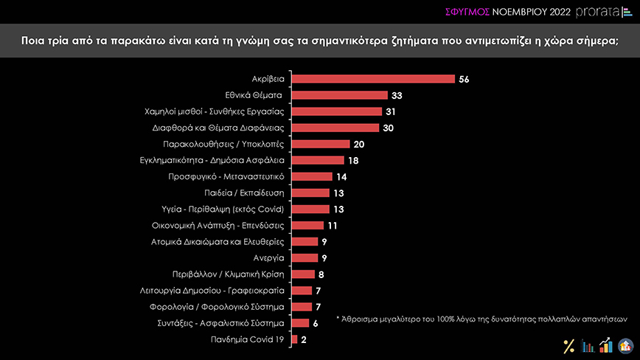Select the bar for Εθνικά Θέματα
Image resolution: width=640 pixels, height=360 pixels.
click(x=339, y=95)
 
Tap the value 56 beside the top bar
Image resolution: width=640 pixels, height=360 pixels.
click(x=464, y=79)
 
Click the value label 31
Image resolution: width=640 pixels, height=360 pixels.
click(x=392, y=111)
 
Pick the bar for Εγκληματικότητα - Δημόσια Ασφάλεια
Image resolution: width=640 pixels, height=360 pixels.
click(x=318, y=160)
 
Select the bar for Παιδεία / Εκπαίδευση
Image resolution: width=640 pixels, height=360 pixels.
click(x=310, y=193)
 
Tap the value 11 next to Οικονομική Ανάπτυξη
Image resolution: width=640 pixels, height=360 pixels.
click(x=333, y=225)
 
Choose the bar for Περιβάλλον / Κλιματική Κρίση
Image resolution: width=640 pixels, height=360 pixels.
click(x=303, y=274)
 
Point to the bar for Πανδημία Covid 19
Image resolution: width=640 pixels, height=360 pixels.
click(x=294, y=339)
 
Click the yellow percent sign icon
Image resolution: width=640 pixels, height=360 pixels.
click(x=568, y=345)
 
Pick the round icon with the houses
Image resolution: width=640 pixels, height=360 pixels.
click(x=625, y=345)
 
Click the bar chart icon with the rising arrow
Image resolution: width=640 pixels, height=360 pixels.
click(x=606, y=345)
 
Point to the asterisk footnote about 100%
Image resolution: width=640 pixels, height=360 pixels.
click(x=481, y=319)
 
